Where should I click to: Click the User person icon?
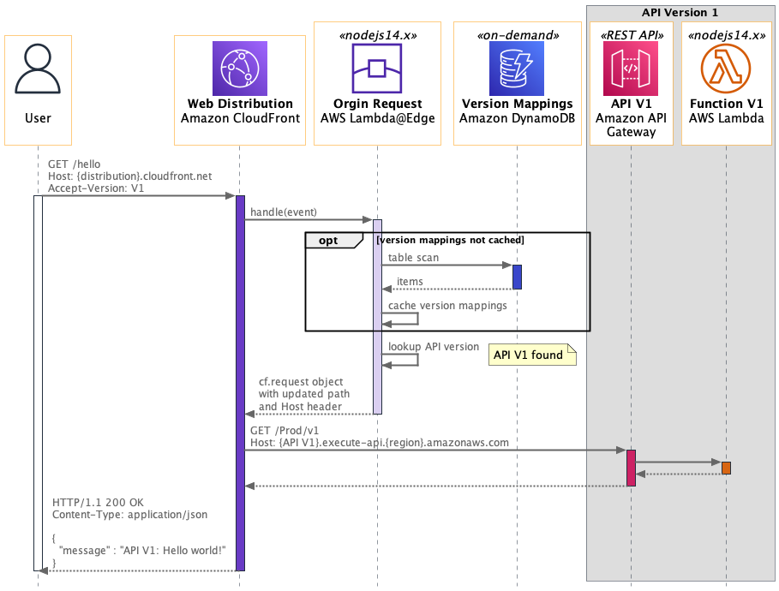[38, 71]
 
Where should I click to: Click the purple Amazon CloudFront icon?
[240, 69]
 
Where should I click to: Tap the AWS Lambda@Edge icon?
[377, 69]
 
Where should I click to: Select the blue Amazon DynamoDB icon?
[516, 69]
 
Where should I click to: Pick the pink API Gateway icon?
[631, 69]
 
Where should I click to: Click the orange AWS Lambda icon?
[726, 69]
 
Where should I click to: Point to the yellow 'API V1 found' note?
[529, 355]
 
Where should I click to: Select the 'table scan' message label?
[415, 257]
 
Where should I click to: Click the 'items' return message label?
[409, 281]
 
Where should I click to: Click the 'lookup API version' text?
[434, 347]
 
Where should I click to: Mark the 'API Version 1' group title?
[680, 13]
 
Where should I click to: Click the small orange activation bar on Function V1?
[726, 468]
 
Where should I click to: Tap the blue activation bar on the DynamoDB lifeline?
[517, 277]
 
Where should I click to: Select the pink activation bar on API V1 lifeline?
[631, 468]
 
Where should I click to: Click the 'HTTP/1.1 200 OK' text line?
[98, 502]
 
